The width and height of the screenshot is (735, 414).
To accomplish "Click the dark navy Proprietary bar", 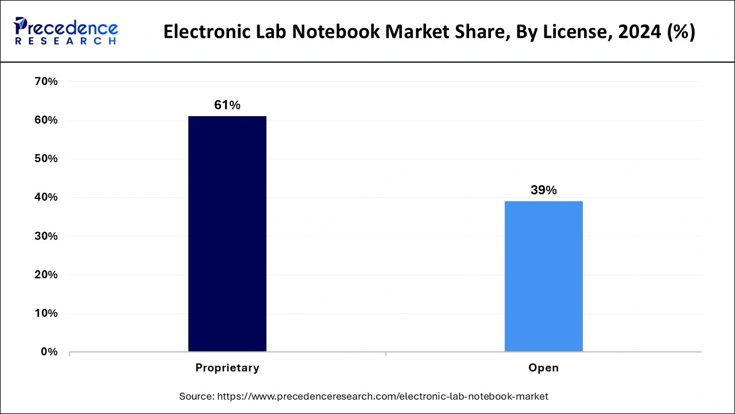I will pos(227,233).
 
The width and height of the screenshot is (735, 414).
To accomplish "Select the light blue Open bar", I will pos(543,276).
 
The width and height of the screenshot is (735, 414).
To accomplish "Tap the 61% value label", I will pos(227,105).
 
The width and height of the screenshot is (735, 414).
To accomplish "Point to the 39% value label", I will pos(543,190).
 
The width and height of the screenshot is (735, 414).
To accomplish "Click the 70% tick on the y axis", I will pos(46,82).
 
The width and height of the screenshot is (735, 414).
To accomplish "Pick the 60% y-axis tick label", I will pos(46,120).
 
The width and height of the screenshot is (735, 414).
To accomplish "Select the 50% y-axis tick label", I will pos(46,159).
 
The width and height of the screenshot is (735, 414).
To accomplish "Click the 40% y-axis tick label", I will pos(46,197).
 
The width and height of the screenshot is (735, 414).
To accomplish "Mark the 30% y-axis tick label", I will pos(46,236).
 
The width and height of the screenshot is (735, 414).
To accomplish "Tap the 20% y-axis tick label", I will pos(46,275).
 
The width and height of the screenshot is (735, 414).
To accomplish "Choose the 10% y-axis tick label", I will pos(46,313).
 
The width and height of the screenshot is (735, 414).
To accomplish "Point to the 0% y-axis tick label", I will pos(49,352).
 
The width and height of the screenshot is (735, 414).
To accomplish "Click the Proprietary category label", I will pos(227,368).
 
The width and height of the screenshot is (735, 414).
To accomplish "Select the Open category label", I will pos(543,368).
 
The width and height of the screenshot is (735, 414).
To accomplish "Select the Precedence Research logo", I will pos(66,31).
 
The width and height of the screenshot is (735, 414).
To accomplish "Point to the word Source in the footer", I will pos(196,396).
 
